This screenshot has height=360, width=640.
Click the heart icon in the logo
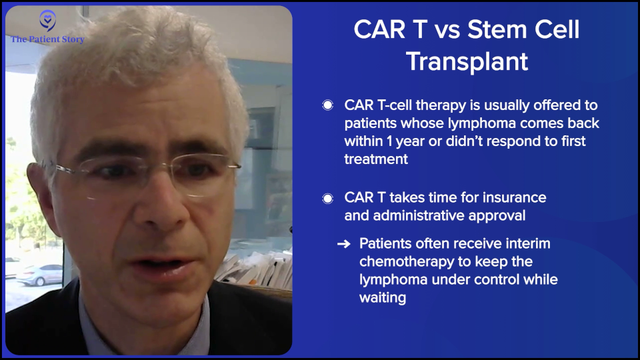(x=48, y=20)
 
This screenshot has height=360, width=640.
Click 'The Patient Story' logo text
(x=47, y=39)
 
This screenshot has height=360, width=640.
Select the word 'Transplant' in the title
(x=467, y=61)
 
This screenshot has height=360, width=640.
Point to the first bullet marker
(x=327, y=105)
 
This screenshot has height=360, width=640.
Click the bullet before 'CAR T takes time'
(x=327, y=199)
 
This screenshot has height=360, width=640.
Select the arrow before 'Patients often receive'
(x=344, y=244)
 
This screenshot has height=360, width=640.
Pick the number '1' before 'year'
(x=389, y=141)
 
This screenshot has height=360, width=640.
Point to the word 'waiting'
(x=383, y=298)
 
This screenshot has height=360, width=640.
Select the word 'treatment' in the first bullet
(x=376, y=159)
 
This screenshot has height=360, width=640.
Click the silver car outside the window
(x=39, y=275)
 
